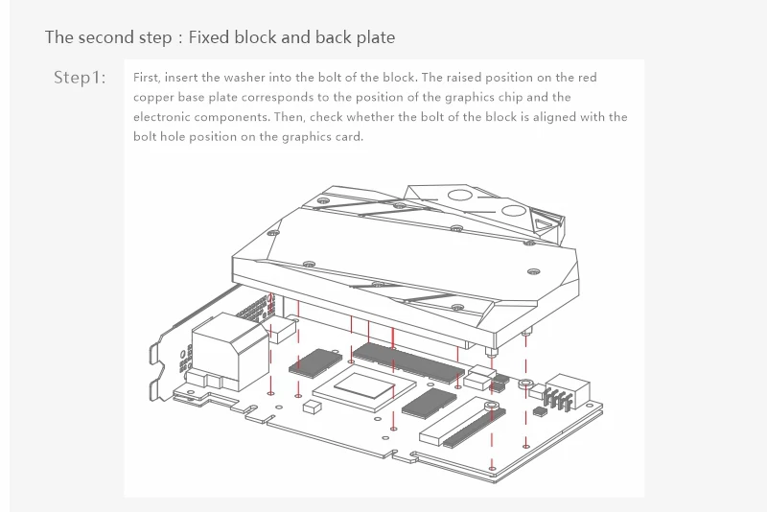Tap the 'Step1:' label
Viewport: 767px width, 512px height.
coord(80,78)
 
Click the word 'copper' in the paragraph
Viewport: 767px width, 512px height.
coord(153,97)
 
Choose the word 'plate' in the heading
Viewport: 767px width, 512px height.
coord(374,37)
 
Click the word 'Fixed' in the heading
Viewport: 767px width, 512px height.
coord(208,37)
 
